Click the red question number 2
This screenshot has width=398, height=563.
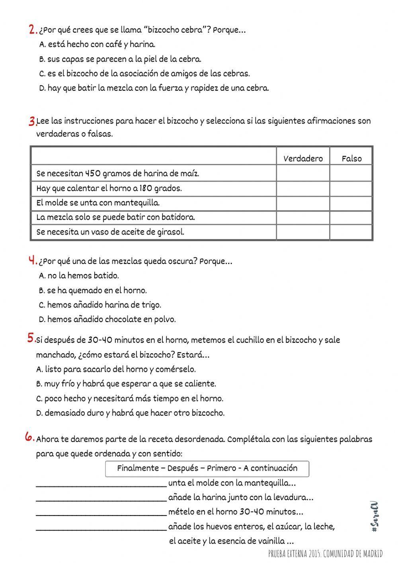(33, 29)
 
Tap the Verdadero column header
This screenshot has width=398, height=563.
(303, 158)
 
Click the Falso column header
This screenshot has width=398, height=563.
(351, 158)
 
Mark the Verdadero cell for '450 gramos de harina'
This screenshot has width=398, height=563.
(303, 174)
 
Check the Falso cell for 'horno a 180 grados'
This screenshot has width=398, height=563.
(351, 188)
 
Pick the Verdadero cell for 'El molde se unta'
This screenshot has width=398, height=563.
(303, 203)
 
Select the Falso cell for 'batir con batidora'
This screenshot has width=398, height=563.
(351, 217)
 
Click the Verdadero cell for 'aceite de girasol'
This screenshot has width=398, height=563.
(303, 232)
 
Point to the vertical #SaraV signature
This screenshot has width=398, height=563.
(374, 518)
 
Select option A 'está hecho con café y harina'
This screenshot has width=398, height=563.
(98, 45)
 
